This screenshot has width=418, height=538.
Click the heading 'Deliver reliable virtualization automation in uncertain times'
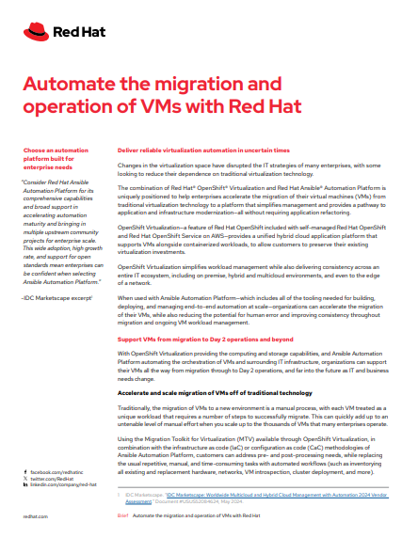[x=202, y=150]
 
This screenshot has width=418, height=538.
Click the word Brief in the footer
[x=121, y=516]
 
